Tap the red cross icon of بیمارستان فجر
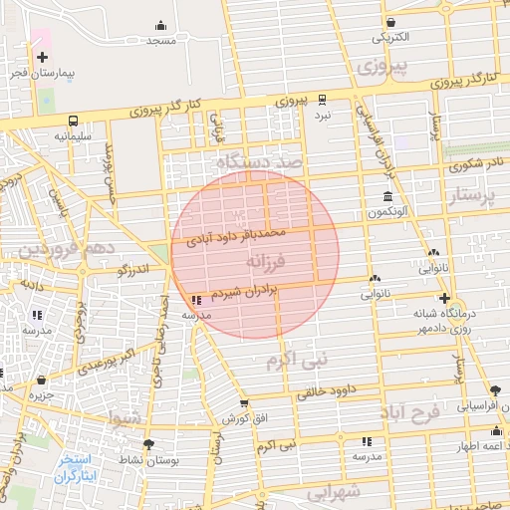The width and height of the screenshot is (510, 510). coord(42,58)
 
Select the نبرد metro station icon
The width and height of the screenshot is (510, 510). coord(322,100)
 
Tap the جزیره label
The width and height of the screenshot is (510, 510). coord(40,395)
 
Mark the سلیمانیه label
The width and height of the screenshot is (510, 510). coord(73,134)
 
